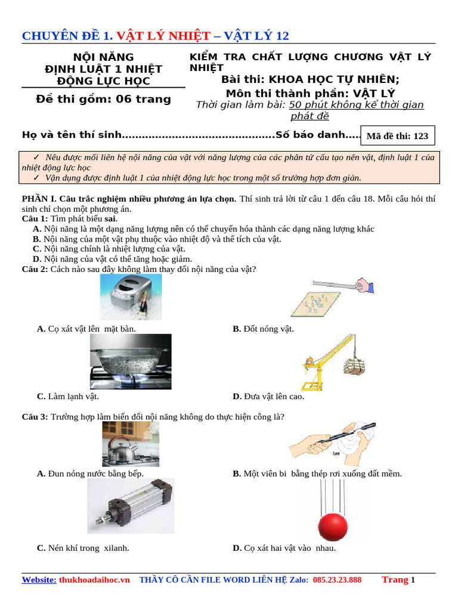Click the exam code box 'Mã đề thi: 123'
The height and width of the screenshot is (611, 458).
(398, 136)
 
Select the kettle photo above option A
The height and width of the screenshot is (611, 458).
(122, 444)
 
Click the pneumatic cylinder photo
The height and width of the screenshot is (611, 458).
(131, 506)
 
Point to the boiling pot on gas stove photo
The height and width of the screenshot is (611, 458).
(131, 362)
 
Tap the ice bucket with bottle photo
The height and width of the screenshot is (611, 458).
(130, 297)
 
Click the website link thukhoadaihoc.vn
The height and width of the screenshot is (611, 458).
(94, 580)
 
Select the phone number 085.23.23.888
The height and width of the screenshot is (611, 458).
(337, 580)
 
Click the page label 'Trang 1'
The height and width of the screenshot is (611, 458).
(398, 580)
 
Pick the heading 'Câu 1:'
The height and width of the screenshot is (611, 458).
(35, 219)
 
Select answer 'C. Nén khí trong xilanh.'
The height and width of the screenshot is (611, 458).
(83, 548)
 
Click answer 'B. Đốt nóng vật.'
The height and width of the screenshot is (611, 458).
(263, 329)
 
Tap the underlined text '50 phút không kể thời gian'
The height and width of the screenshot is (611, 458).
(357, 105)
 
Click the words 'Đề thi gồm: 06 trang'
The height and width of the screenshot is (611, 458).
(103, 99)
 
